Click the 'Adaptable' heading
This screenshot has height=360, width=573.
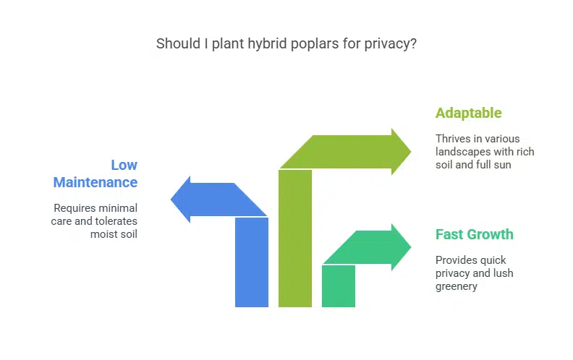pos(468,113)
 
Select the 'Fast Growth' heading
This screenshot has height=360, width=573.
pos(474,234)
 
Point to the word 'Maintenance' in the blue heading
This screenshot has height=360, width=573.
pos(95,182)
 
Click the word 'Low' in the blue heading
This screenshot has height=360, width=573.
pos(124,165)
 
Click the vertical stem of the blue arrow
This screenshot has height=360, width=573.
pos(252,262)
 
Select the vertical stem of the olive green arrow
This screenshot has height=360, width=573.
pos(295,239)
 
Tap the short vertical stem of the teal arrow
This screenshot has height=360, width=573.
pos(339,286)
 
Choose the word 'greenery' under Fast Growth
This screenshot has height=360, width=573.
pos(456,286)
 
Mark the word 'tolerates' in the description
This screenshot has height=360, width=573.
pos(114,220)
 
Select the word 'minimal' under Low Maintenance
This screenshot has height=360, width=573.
pos(118,207)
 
